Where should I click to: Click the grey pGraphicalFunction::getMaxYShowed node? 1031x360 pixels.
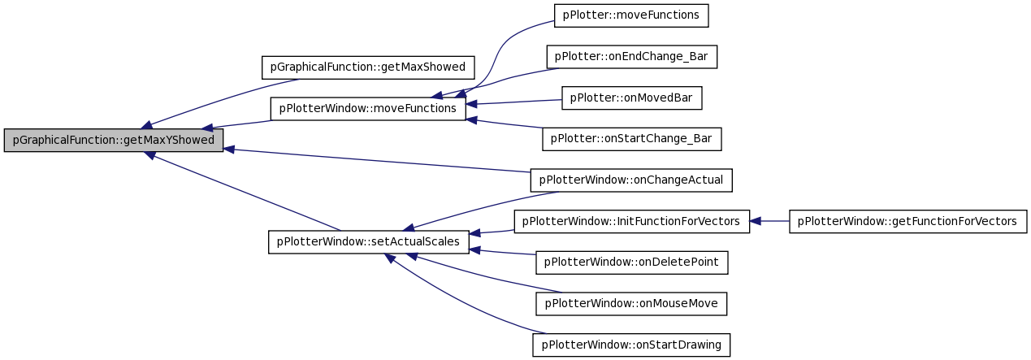click(x=113, y=140)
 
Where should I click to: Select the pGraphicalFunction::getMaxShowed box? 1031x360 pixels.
click(x=368, y=67)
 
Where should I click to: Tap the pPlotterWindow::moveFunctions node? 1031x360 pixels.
click(x=368, y=109)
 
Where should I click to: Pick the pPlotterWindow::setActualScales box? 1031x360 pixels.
click(x=368, y=241)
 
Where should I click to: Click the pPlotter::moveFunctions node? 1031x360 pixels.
click(x=631, y=15)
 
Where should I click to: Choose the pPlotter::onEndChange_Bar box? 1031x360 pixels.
click(x=631, y=57)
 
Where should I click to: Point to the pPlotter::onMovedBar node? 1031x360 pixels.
click(x=631, y=98)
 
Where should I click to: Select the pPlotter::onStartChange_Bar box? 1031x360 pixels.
click(x=631, y=139)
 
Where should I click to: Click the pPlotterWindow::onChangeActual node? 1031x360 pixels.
click(x=631, y=180)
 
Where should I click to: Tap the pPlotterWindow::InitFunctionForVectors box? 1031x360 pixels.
click(x=631, y=221)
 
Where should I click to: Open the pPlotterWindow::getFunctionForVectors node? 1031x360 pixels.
click(x=908, y=221)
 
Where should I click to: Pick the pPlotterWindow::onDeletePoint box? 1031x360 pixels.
click(x=631, y=262)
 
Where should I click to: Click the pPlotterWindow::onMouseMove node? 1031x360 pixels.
click(x=631, y=304)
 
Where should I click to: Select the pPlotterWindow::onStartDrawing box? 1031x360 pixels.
click(x=631, y=345)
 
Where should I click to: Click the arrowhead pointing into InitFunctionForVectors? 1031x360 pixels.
click(x=756, y=221)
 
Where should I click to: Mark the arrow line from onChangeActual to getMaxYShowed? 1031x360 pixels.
click(x=377, y=160)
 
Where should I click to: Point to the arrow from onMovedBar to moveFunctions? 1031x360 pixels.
click(x=513, y=102)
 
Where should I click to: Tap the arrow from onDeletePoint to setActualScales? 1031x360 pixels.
click(x=502, y=252)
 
